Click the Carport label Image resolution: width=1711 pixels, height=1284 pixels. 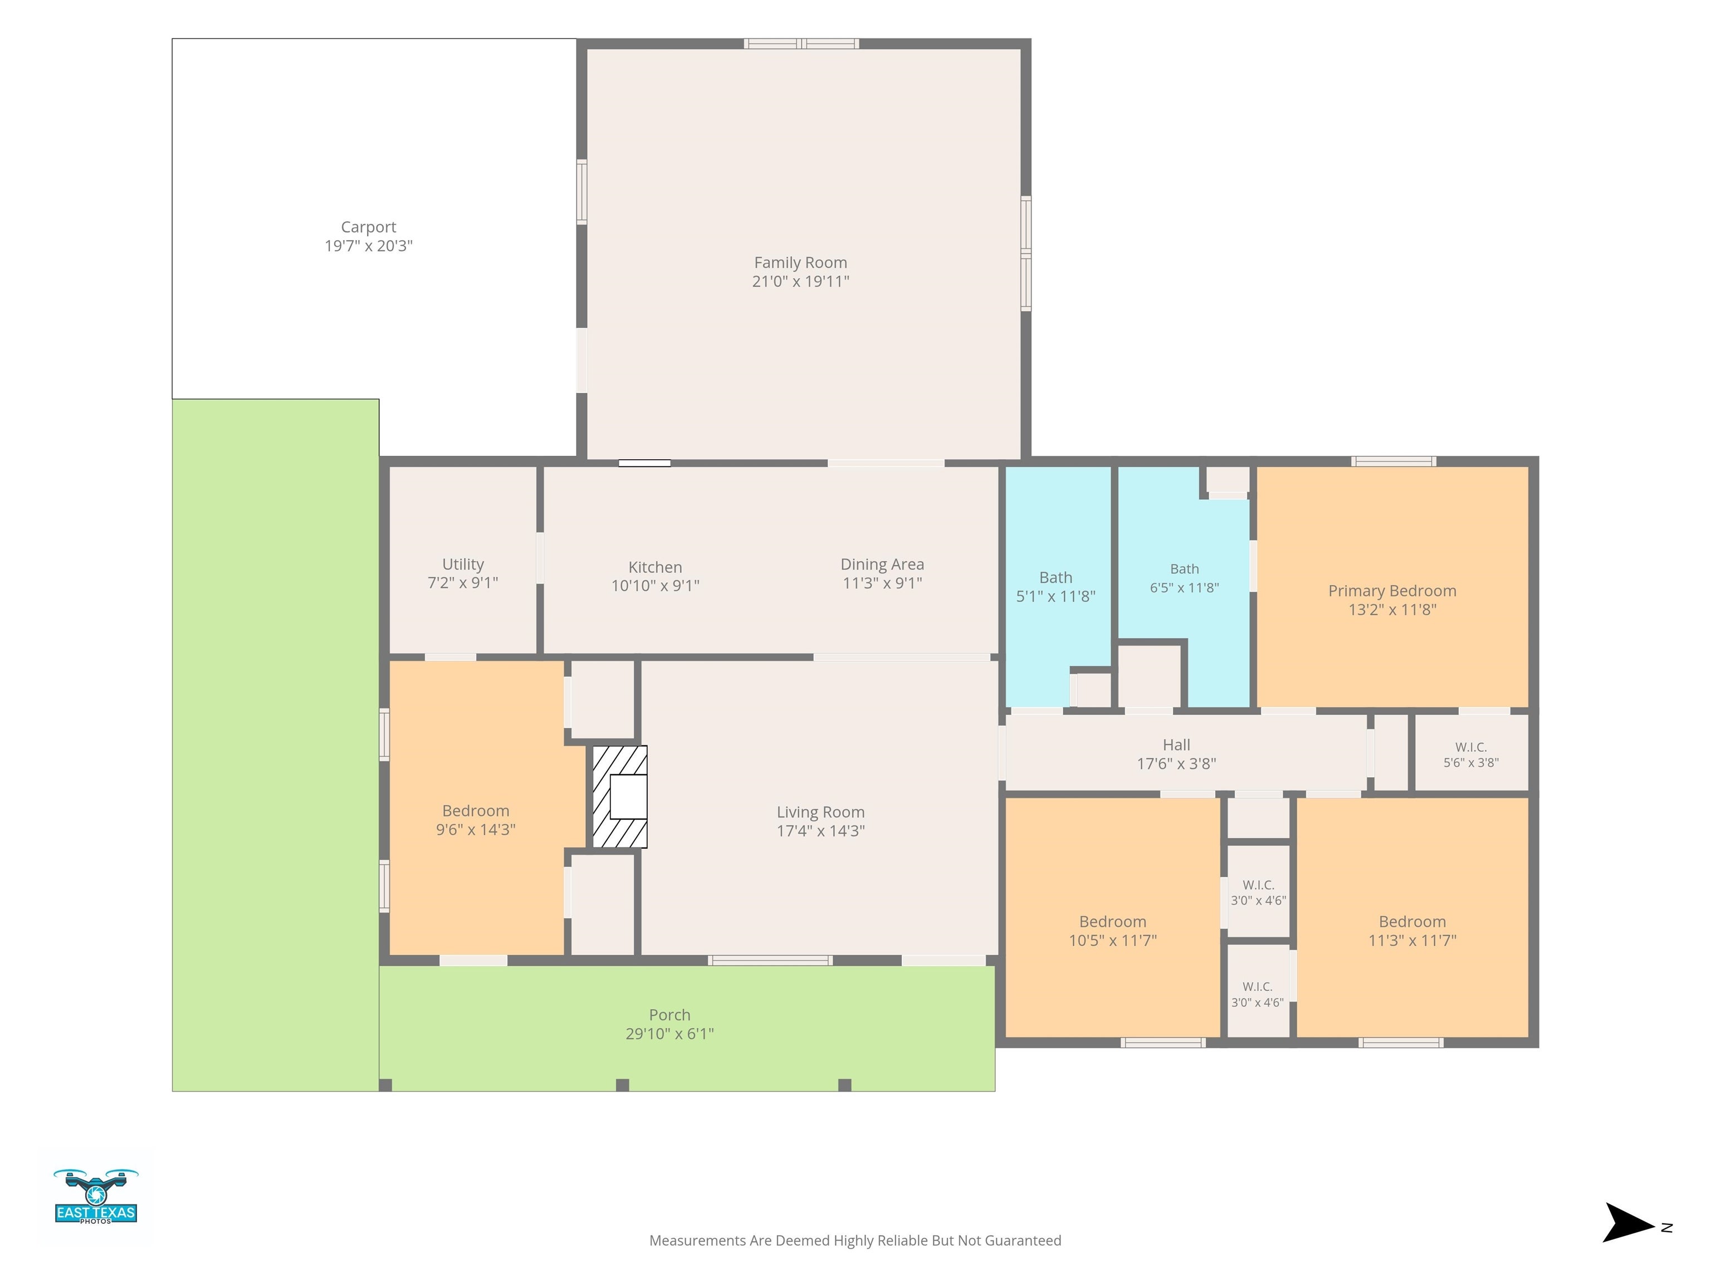[368, 227]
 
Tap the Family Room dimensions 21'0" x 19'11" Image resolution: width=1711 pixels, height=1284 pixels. [800, 281]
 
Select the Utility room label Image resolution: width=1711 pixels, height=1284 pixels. [462, 564]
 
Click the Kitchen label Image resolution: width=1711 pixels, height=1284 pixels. [655, 567]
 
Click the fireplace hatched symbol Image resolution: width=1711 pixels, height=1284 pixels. [619, 796]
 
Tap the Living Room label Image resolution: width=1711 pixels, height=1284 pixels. [821, 812]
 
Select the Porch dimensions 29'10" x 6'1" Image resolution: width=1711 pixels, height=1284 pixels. [670, 1033]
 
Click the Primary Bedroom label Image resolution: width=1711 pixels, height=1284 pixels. [1392, 591]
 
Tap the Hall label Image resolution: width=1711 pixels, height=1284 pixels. [1176, 745]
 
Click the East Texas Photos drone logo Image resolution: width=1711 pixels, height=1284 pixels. [96, 1197]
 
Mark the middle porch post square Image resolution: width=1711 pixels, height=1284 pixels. [623, 1085]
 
